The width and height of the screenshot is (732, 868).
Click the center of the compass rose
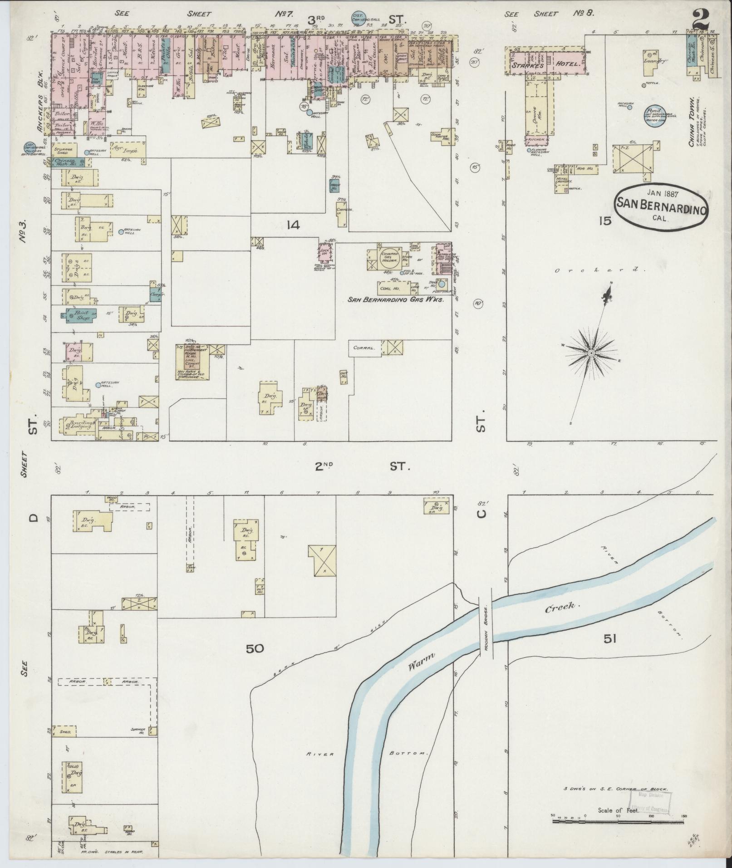[591, 353]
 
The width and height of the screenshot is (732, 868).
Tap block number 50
[255, 648]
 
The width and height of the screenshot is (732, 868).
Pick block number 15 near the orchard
[605, 221]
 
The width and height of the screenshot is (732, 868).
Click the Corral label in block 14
[364, 348]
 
